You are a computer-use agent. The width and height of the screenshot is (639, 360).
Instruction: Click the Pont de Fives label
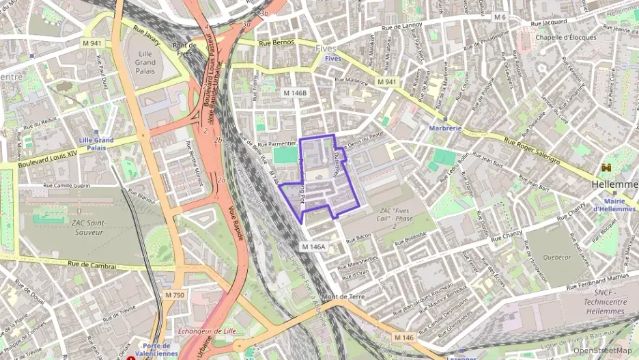click(184, 49)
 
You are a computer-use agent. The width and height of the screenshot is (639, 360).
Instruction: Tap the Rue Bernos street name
click(276, 43)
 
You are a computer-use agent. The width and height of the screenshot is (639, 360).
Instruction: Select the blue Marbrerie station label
click(446, 128)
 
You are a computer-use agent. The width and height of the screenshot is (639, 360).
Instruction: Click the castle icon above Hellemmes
click(606, 167)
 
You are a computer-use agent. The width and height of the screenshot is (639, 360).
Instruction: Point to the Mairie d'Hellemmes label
click(614, 204)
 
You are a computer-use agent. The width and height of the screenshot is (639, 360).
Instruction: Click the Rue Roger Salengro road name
click(532, 150)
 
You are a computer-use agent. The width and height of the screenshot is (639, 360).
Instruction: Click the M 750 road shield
click(174, 294)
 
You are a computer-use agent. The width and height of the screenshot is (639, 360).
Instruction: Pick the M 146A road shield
click(313, 246)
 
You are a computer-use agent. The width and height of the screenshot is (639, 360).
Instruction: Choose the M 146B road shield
click(296, 92)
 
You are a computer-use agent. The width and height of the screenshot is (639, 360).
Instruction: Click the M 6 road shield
click(500, 17)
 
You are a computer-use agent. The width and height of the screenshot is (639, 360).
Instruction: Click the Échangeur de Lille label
click(207, 331)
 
